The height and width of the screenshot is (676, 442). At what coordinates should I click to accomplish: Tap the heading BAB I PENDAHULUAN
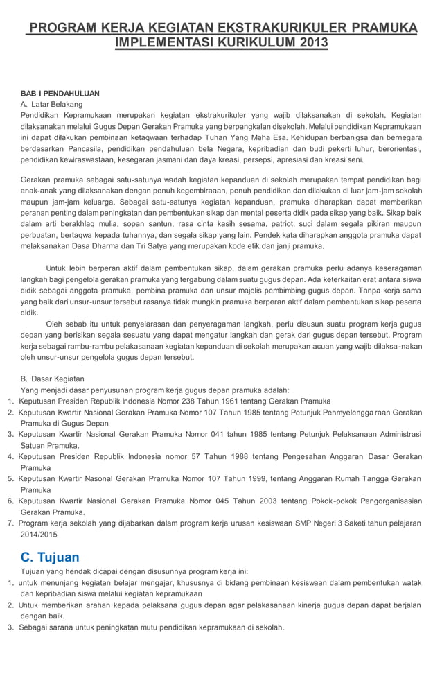pos(60,93)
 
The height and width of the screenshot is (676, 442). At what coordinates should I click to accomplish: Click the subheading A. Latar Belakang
pos(53,104)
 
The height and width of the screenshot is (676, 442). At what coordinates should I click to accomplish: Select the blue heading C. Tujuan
pos(50,557)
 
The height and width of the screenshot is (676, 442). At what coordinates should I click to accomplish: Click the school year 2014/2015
pos(39,535)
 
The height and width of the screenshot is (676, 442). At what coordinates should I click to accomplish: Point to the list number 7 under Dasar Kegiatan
pos(10,523)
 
